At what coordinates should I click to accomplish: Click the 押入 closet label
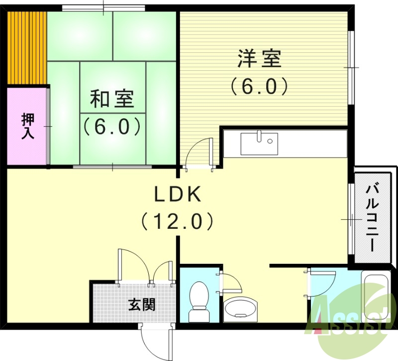point(28,126)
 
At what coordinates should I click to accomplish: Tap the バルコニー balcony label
point(371,217)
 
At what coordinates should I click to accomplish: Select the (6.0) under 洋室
point(259,87)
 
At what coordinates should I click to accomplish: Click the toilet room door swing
point(230,283)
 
